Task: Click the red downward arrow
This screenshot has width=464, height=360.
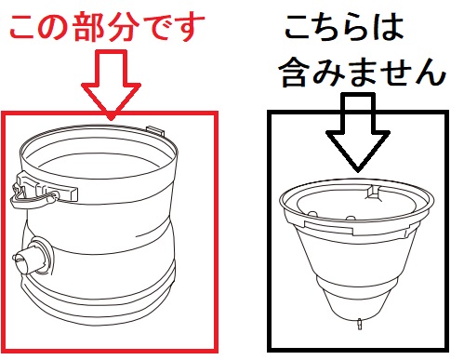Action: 111,86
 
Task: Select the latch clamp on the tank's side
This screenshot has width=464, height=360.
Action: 43,190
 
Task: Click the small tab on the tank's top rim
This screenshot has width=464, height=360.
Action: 155,130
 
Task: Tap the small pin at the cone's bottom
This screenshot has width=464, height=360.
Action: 360,324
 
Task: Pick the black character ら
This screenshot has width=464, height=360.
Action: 359,27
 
